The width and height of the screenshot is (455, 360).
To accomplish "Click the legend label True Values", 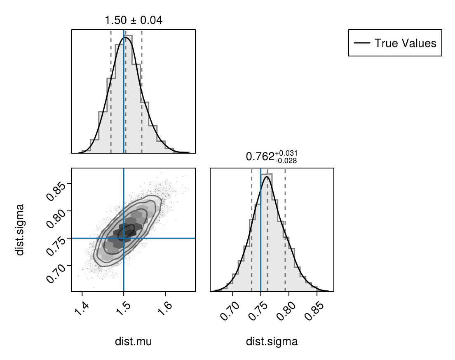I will tap(405, 43).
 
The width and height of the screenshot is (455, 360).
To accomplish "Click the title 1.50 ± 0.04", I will tap(134, 19).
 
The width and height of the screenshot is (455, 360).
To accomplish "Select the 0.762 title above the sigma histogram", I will tap(272, 157).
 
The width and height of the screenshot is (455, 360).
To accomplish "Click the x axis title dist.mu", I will tap(133, 341).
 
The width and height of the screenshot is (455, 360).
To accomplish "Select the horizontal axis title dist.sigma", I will tap(272, 341).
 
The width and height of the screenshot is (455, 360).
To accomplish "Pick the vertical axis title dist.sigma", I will tap(20, 229).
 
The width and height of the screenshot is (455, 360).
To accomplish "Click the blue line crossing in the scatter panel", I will tap(124, 238).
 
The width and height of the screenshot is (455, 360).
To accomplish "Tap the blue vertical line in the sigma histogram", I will tap(260, 231).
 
